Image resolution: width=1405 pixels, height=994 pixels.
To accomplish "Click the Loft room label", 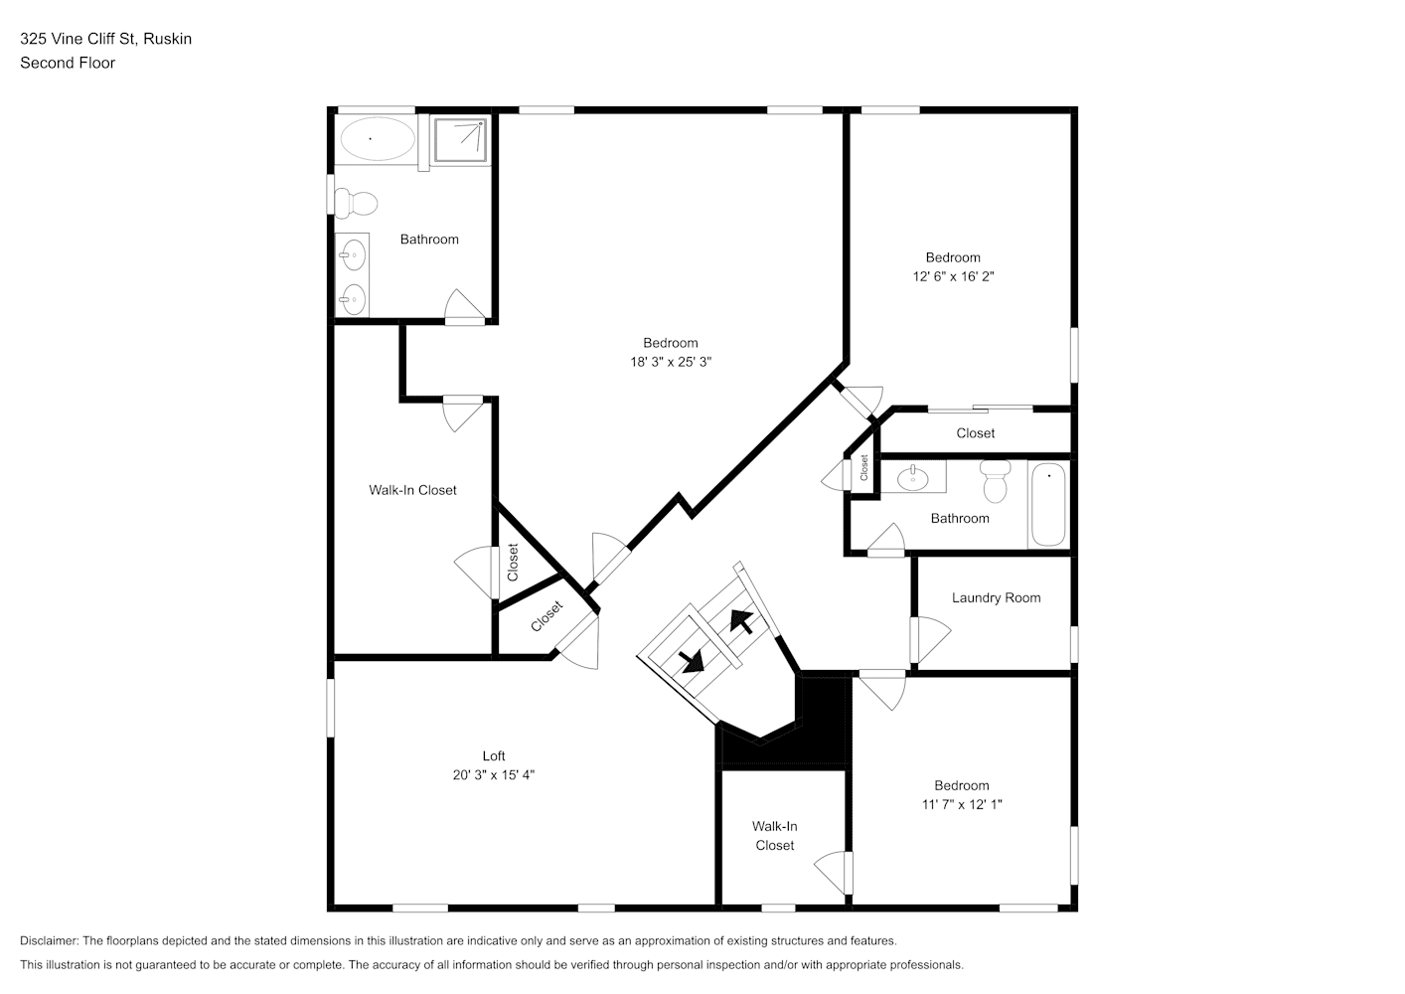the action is click(494, 755).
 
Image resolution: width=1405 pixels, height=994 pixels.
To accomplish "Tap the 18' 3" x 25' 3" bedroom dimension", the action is click(671, 362).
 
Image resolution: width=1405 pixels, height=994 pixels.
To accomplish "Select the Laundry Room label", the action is click(996, 598).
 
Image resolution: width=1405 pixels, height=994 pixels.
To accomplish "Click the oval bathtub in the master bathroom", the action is click(377, 138).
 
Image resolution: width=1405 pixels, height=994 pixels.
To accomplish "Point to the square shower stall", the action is click(461, 140).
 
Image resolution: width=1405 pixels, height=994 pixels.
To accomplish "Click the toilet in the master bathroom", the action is click(356, 203).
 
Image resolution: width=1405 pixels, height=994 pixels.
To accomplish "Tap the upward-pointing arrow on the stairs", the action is click(741, 620).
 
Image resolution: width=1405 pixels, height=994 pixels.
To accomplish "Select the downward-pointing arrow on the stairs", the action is click(692, 661).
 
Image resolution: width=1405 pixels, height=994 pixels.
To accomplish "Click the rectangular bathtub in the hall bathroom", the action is click(1047, 505).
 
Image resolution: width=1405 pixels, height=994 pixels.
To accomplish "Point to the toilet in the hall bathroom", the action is click(995, 481).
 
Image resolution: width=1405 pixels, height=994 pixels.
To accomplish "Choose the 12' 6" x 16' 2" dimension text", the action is click(954, 276).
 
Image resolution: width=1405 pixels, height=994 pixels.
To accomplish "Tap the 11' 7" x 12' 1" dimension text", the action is click(962, 804).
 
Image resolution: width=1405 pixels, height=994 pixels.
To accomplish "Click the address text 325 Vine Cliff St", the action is click(78, 39).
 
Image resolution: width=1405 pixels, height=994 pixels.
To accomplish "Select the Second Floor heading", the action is click(68, 63).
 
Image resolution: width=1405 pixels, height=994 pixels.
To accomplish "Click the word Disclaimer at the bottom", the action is click(49, 940).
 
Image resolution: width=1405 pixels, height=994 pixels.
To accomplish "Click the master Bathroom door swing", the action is click(465, 307).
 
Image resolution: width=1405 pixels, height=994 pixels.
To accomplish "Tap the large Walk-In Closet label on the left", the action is click(412, 490).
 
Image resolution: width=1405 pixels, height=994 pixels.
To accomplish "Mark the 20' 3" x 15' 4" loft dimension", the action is click(494, 775).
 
